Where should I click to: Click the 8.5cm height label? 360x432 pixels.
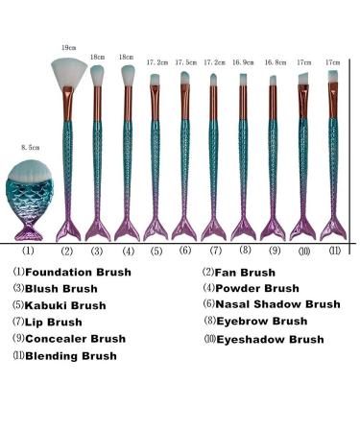pos(30,148)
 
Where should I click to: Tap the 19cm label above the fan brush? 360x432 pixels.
pos(68,47)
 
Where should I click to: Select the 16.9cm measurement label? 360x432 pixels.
pos(244,61)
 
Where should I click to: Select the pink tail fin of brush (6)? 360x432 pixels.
pos(185,228)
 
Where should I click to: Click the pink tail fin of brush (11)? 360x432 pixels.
pos(333,228)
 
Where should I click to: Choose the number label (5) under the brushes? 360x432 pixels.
pos(156,251)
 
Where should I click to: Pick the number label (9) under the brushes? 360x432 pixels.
pos(274,251)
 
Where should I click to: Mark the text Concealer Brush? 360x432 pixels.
pos(75,338)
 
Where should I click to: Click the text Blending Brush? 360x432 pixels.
pos(72,355)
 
